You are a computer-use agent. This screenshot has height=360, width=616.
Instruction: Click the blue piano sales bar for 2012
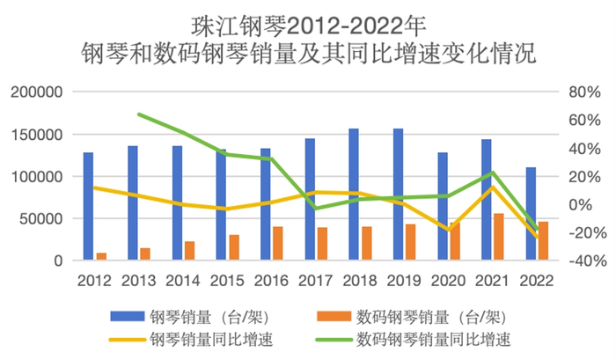coord(88,207)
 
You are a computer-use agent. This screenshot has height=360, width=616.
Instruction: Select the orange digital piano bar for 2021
coord(499,237)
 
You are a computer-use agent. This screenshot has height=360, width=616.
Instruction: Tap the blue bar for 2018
coord(354,195)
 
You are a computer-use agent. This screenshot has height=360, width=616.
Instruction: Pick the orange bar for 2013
coord(145,254)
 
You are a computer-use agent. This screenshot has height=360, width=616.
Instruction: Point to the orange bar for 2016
coord(278,244)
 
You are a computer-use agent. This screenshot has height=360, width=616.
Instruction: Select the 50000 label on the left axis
coord(40,219)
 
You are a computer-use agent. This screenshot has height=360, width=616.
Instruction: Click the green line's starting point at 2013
coord(139,114)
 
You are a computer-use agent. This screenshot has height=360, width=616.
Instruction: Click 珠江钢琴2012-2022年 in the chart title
coord(307,24)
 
